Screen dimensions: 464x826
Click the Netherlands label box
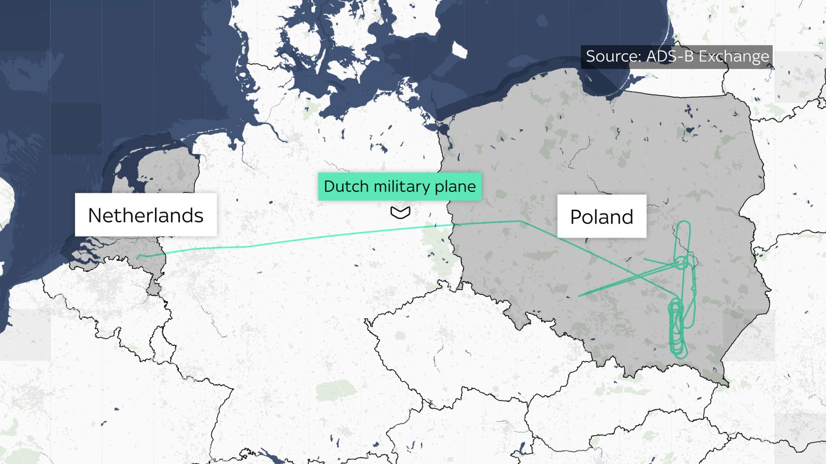pyautogui.click(x=146, y=215)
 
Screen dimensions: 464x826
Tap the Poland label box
pyautogui.click(x=601, y=217)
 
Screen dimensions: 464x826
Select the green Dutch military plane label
pyautogui.click(x=400, y=186)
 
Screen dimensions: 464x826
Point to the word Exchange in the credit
pyautogui.click(x=734, y=56)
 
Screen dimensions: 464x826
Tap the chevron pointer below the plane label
pyautogui.click(x=400, y=212)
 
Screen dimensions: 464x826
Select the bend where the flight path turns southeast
pyautogui.click(x=520, y=221)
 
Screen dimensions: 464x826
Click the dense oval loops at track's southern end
pyautogui.click(x=677, y=330)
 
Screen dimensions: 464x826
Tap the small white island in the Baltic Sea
pyautogui.click(x=459, y=50)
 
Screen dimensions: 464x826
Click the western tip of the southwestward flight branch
pyautogui.click(x=579, y=295)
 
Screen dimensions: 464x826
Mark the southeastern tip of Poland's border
pyautogui.click(x=728, y=384)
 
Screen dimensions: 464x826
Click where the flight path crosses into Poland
pyautogui.click(x=453, y=225)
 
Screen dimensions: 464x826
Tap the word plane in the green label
pyautogui.click(x=455, y=186)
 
